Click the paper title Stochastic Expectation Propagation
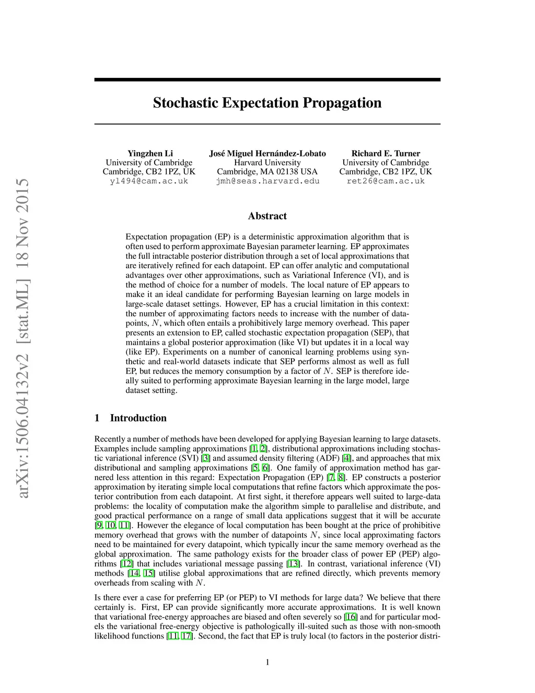267,103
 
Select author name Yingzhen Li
150,153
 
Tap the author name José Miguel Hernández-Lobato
267,153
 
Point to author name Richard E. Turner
386,153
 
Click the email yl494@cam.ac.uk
149,181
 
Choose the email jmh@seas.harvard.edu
267,181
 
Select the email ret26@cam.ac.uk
386,181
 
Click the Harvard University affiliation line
267,163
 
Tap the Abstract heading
267,216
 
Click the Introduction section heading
138,418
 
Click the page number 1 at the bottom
267,663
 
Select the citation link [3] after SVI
206,458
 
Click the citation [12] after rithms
126,564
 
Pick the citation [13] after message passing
293,564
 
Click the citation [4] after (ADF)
346,458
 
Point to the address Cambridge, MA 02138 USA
267,172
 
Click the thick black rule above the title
267,79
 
